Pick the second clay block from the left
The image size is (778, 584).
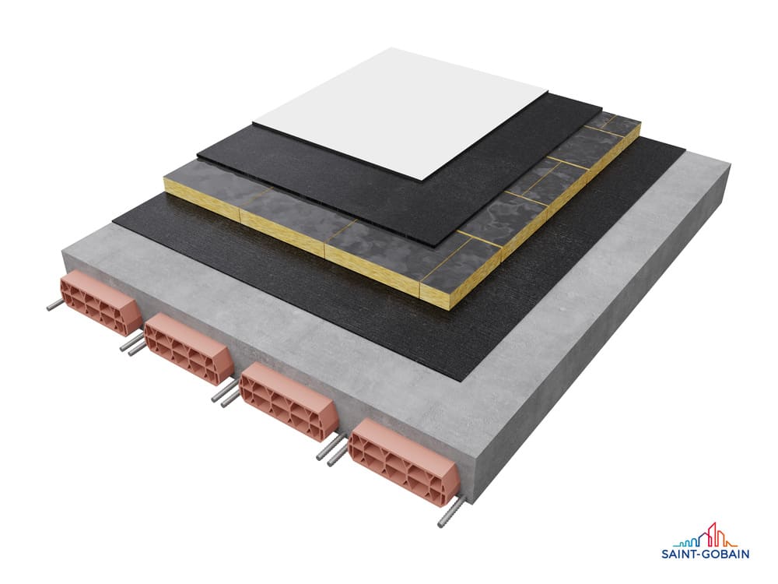[189, 347]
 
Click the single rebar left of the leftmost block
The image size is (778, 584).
[54, 304]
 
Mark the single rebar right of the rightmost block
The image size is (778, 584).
[451, 512]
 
